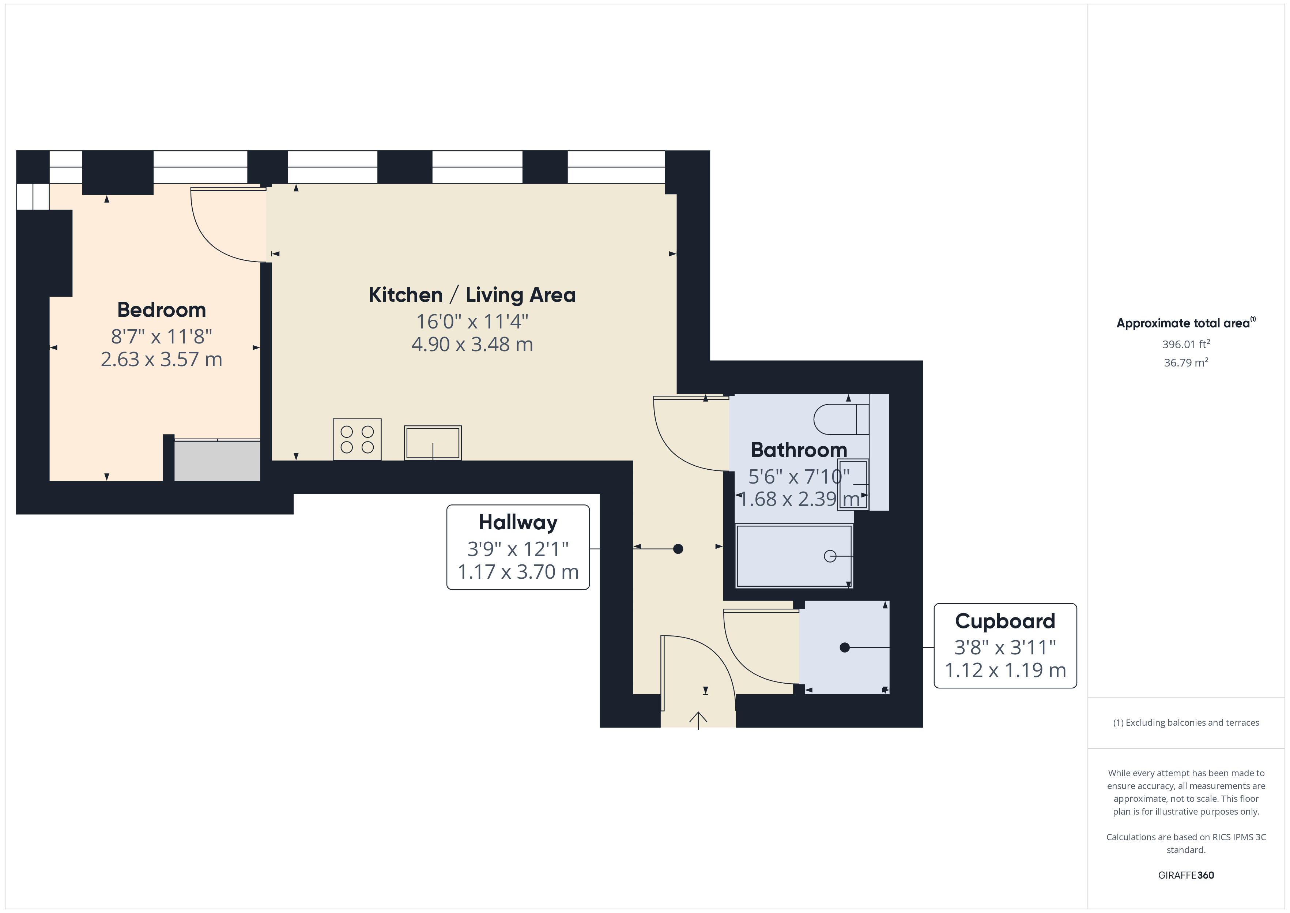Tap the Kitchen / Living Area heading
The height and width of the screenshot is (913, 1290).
(x=472, y=294)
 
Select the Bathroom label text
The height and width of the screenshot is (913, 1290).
(x=798, y=450)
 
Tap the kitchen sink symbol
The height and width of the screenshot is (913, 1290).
(x=433, y=443)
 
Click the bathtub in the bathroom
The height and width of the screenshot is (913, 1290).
(x=793, y=556)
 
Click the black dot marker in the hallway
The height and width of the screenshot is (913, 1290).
(x=678, y=549)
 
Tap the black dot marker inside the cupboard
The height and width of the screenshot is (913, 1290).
(x=844, y=648)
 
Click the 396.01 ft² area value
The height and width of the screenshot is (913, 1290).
(x=1185, y=344)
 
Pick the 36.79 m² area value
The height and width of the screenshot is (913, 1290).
(x=1185, y=362)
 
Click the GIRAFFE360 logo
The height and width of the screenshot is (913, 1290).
(x=1185, y=875)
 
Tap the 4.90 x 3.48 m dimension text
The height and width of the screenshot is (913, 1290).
(x=472, y=344)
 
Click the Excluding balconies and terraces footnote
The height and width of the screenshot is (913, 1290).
(x=1185, y=722)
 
